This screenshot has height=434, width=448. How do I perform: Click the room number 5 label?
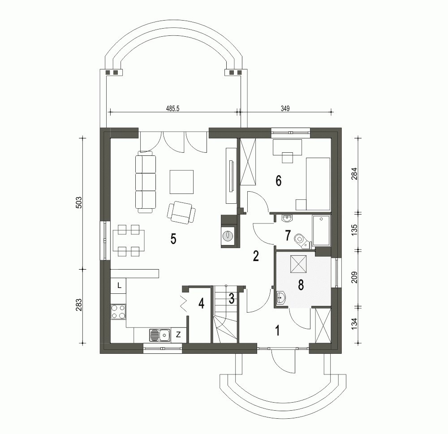(173, 239)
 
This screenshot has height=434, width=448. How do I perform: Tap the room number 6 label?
(278, 181)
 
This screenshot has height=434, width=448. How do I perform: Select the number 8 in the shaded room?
(301, 284)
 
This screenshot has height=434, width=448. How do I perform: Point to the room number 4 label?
(201, 304)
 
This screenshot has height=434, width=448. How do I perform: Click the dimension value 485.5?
(172, 108)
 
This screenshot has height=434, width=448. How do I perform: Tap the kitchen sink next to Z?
(159, 334)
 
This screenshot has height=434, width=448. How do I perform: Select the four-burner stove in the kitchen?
(118, 311)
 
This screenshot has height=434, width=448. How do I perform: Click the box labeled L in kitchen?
(119, 285)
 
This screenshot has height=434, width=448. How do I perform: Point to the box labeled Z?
(178, 334)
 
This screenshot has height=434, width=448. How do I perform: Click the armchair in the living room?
(181, 212)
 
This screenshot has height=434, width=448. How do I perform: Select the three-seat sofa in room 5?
(146, 182)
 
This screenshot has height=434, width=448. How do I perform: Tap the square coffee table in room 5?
(181, 182)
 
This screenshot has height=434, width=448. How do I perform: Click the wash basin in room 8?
(281, 297)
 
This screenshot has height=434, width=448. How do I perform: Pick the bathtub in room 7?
(321, 231)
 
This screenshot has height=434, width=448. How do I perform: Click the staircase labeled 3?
(225, 314)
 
